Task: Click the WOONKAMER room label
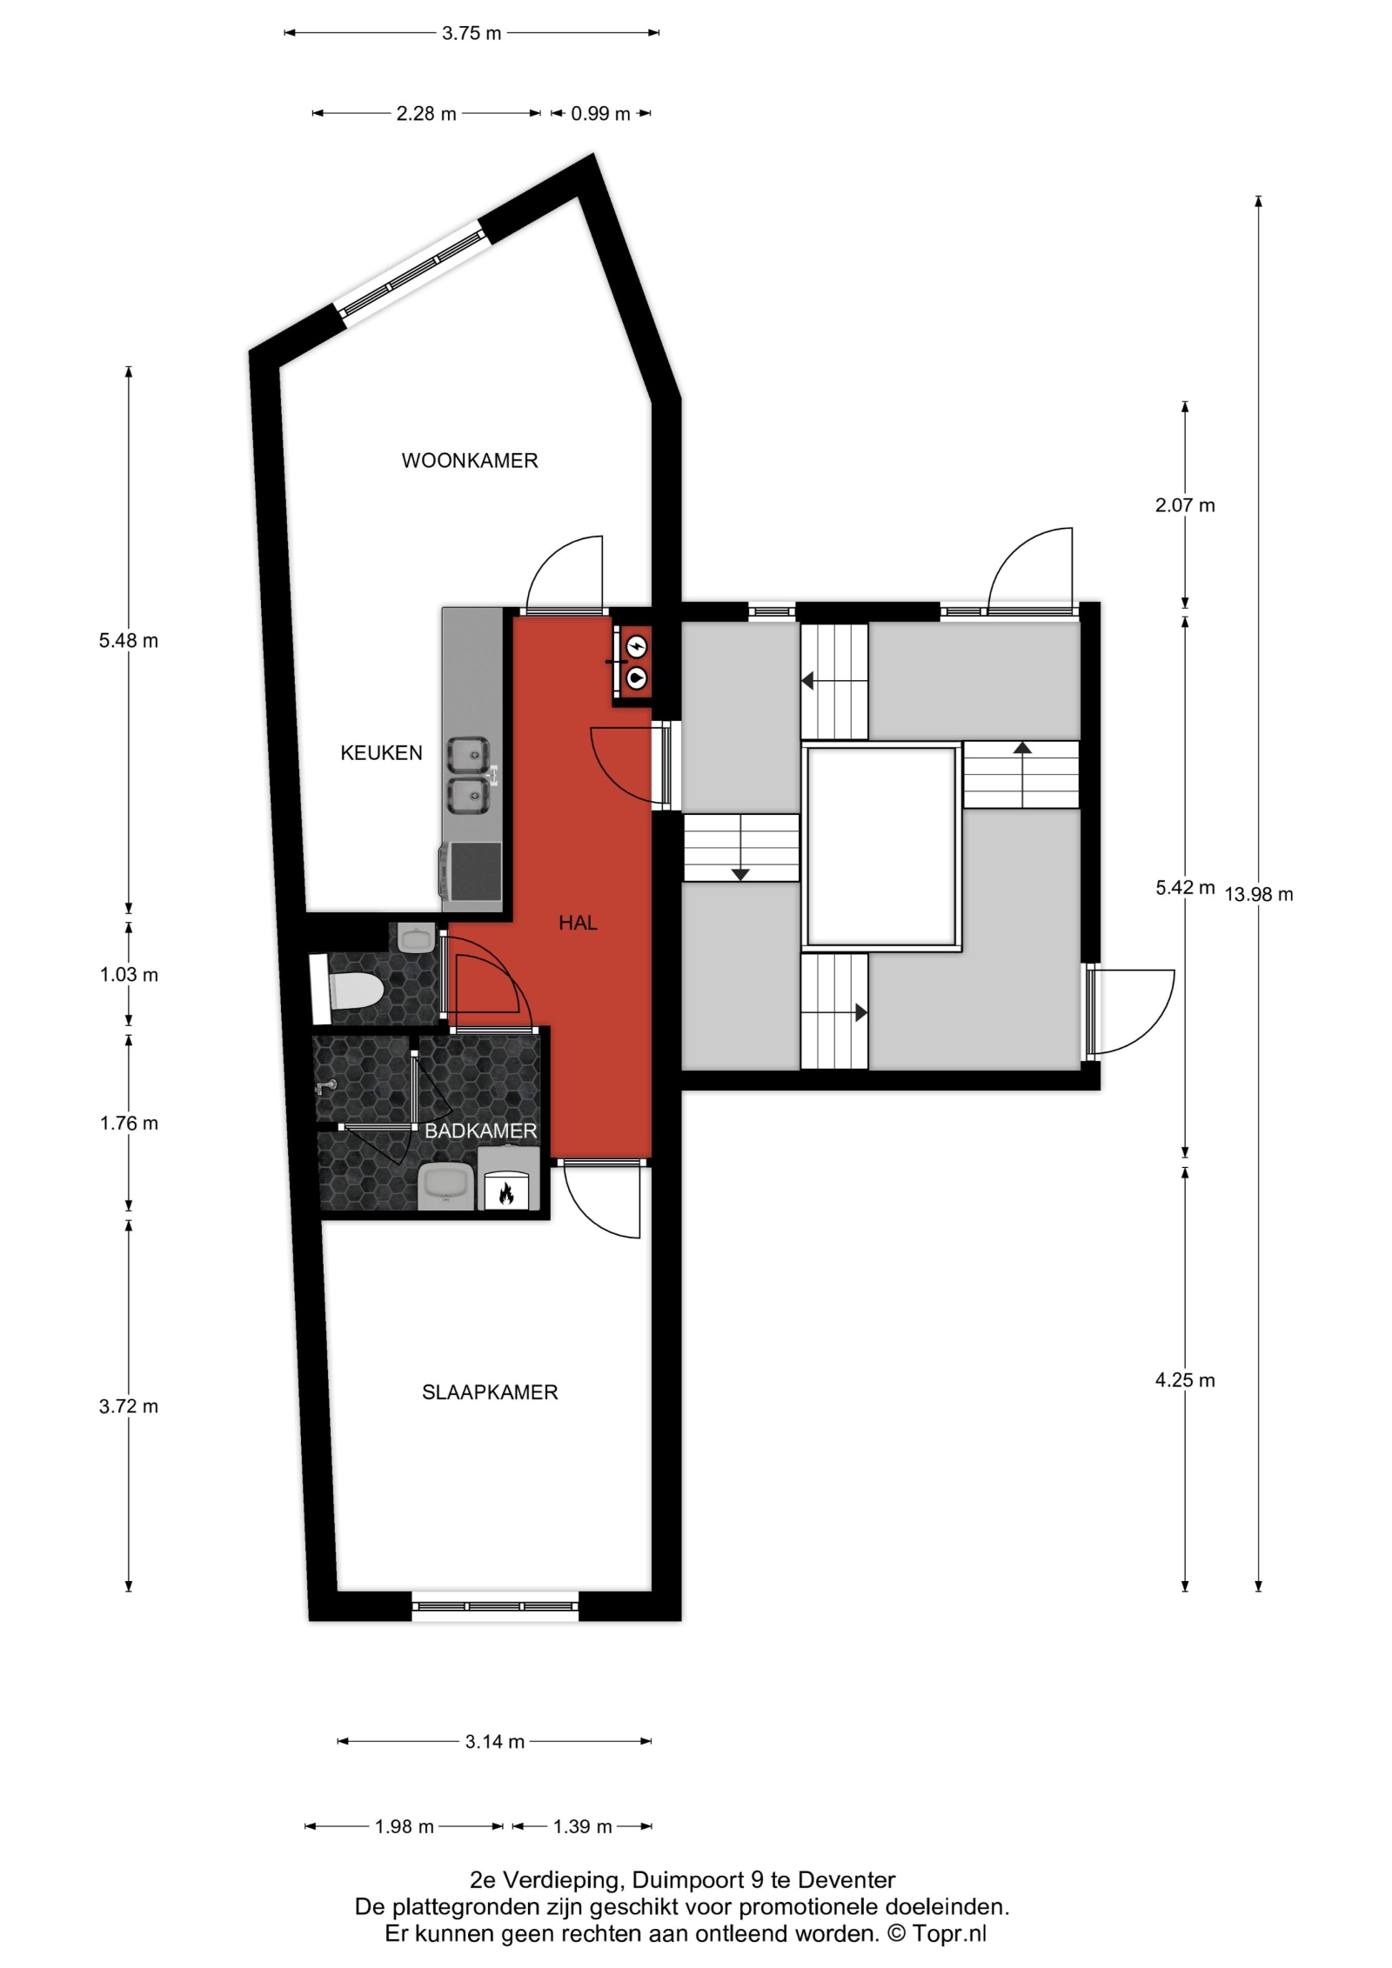[x=470, y=461]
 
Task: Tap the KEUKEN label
[x=381, y=753]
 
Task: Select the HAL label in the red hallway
[x=578, y=923]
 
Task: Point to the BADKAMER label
[x=480, y=1131]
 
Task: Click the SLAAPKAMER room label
[x=490, y=1392]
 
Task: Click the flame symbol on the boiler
[x=505, y=1195]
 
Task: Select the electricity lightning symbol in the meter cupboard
[x=638, y=647]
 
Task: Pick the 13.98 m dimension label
[x=1259, y=894]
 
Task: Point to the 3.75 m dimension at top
[x=472, y=34]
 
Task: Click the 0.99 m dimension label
[x=600, y=114]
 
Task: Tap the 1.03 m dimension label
[x=129, y=975]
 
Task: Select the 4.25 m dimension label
[x=1185, y=1380]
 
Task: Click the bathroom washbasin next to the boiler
[x=446, y=1187]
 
